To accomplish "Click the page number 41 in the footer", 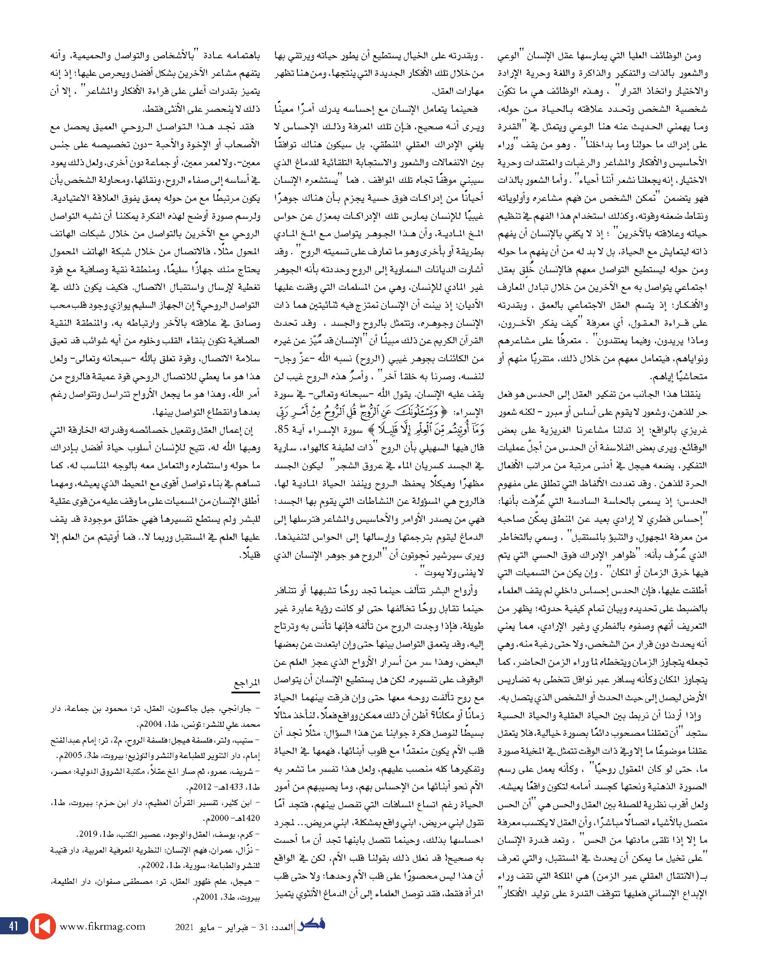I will tap(13, 925).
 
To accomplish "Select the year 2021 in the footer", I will tap(184, 926).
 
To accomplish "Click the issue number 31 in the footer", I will tap(264, 926).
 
